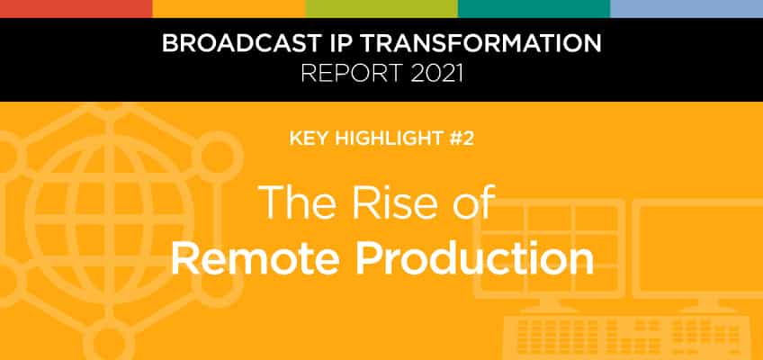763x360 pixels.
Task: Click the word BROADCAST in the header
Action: point(240,43)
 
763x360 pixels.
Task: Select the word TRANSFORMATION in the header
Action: point(480,43)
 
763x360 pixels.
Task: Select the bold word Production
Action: point(474,256)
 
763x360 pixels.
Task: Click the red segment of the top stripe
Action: point(76,9)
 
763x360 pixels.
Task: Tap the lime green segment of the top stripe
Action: point(381,9)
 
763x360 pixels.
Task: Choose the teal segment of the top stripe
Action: point(534,9)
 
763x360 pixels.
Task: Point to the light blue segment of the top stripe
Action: point(687,9)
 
